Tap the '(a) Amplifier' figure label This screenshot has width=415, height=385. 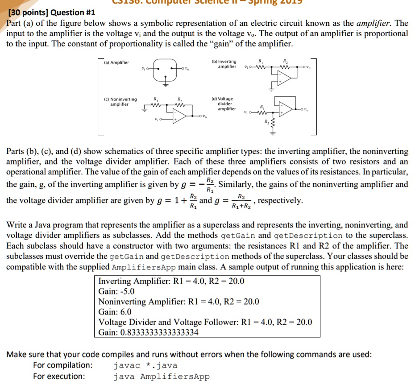click(117, 63)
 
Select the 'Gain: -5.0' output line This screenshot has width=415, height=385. click(116, 291)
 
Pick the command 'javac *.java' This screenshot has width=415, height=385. click(145, 365)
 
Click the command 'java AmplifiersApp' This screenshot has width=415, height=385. click(161, 377)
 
